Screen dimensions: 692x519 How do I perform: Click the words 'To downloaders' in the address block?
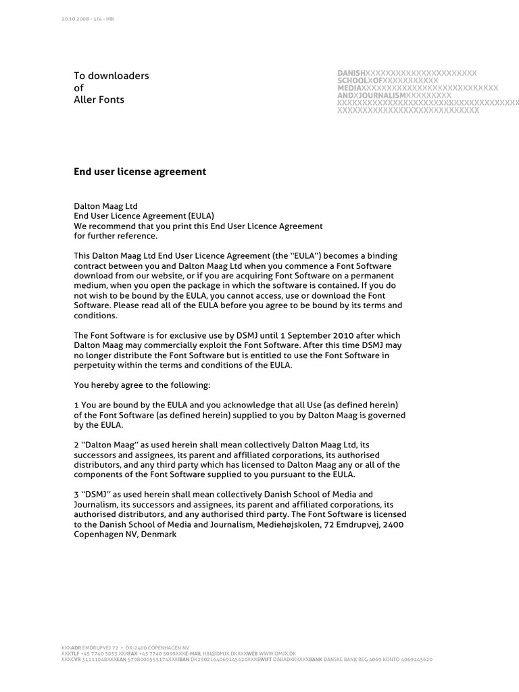(x=111, y=76)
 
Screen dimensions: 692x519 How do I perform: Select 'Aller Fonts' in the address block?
(x=99, y=100)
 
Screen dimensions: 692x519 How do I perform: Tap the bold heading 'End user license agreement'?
(x=139, y=172)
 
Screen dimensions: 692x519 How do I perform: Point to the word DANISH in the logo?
(x=351, y=73)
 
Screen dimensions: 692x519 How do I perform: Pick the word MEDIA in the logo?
(x=349, y=88)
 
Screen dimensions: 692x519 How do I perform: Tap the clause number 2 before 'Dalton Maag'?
(x=76, y=445)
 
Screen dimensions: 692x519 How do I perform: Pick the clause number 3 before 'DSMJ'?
(x=76, y=495)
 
